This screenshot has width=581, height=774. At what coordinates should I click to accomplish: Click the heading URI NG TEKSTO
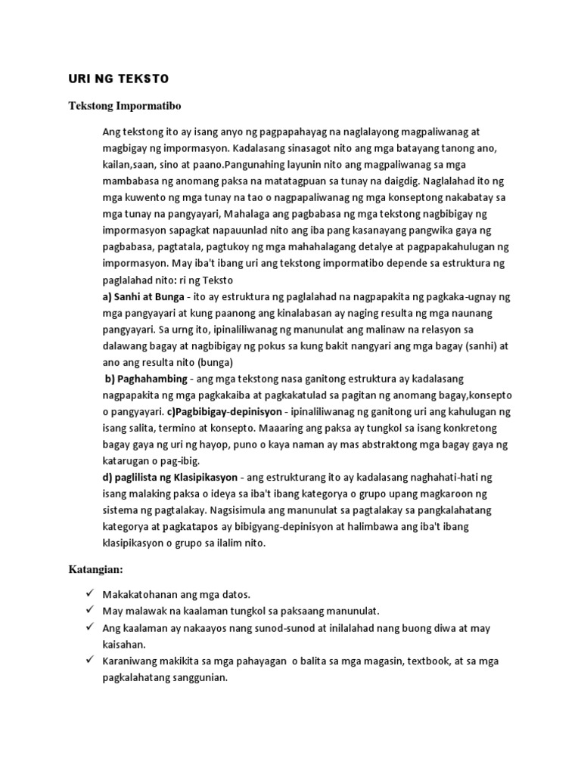tap(109, 79)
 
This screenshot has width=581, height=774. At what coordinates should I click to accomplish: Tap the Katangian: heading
tap(95, 568)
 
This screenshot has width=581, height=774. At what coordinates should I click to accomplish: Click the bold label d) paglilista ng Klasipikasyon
tap(170, 478)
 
